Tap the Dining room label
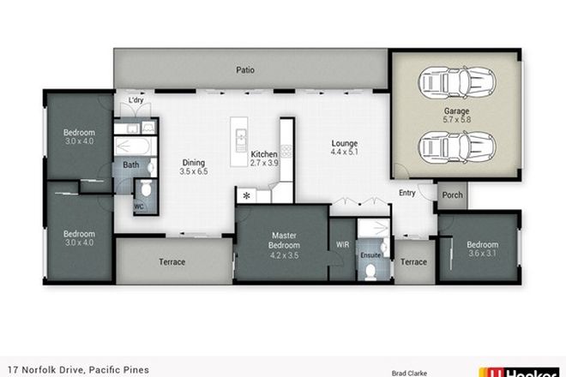point(194,166)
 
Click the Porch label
point(452,195)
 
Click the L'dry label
point(135,101)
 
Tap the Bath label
point(130,165)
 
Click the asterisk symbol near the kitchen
point(248,196)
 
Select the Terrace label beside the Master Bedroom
point(172,262)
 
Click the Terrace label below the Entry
point(413,262)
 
